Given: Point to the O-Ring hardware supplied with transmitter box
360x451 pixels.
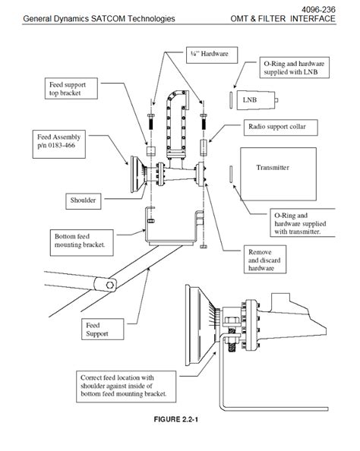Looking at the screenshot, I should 300,223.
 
